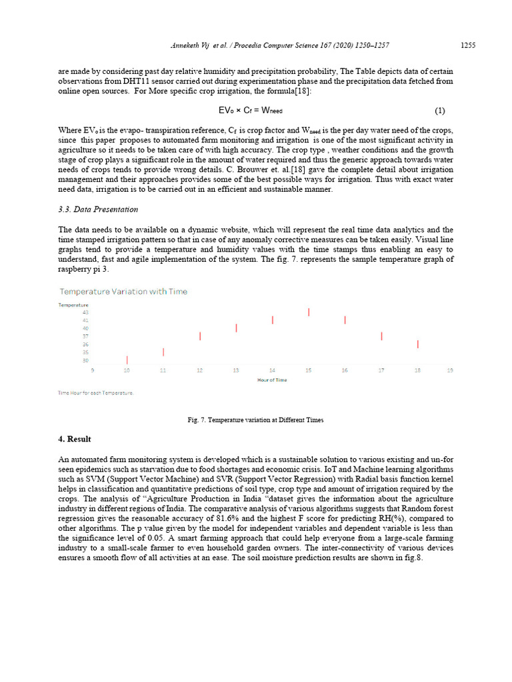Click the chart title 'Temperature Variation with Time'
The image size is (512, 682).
click(123, 292)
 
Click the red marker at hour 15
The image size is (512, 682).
click(309, 312)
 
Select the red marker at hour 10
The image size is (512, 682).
click(127, 360)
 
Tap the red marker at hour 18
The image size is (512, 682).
click(417, 344)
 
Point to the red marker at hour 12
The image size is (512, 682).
click(200, 336)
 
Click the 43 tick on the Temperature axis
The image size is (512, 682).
click(85, 312)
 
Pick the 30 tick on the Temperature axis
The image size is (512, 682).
click(85, 360)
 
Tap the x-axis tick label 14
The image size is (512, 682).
click(272, 370)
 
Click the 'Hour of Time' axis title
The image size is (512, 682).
click(272, 380)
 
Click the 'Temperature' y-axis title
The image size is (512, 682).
click(73, 304)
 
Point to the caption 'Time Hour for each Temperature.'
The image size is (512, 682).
click(96, 393)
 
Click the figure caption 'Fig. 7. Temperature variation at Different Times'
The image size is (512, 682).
click(256, 420)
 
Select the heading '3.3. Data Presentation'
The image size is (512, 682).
click(98, 209)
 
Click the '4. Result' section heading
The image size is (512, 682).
click(75, 440)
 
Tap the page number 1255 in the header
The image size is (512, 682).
click(468, 45)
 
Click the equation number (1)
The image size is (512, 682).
click(439, 111)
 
